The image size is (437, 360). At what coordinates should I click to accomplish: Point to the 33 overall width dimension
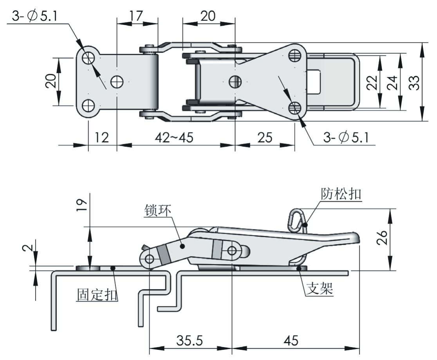point(415,82)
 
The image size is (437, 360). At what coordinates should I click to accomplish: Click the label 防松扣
point(340,194)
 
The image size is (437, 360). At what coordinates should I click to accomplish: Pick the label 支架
point(320,289)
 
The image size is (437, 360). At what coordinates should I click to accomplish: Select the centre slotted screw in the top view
point(235,81)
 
